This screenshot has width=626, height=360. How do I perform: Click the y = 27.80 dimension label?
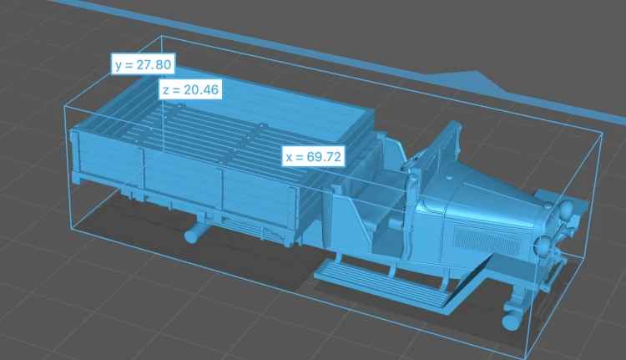coord(143,64)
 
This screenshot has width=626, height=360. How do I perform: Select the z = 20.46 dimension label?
coord(190,89)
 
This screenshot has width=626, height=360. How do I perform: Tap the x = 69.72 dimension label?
coord(314,156)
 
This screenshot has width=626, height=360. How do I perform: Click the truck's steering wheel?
coord(411,163)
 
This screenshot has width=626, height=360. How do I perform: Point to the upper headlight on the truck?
coord(565,209)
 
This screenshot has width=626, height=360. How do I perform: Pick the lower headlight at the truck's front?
coord(543,245)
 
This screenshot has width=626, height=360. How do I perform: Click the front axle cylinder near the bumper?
coord(512,321)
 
